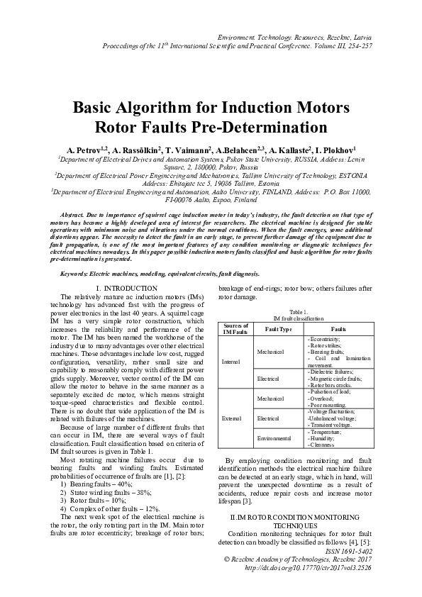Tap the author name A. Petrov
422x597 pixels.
coord(84,151)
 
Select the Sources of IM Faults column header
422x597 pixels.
coord(235,330)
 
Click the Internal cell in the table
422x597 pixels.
coord(231,362)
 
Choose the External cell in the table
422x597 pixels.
coord(231,419)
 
